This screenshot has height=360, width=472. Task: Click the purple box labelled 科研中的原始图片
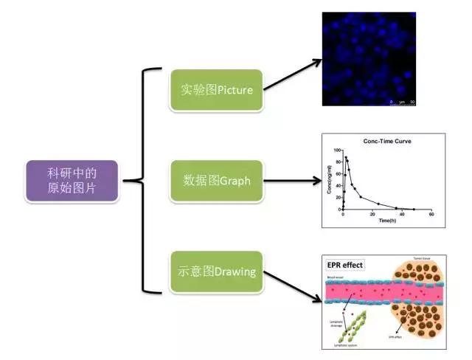tap(72, 181)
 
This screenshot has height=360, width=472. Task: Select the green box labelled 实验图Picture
tap(216, 90)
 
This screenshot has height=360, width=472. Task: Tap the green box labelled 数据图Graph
tap(216, 180)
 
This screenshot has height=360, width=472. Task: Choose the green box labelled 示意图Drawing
tap(216, 271)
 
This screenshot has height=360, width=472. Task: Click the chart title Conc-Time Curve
tap(386, 140)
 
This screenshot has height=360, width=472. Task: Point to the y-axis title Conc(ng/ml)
tap(330, 180)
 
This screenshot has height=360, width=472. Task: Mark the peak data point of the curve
tap(346, 157)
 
